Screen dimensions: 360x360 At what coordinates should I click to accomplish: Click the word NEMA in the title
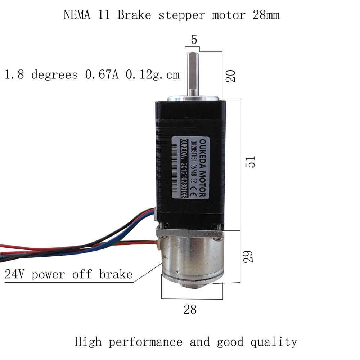(x=77, y=15)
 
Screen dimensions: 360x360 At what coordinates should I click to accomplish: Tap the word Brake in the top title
(x=134, y=15)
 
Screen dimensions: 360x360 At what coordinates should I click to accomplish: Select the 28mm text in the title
(x=266, y=15)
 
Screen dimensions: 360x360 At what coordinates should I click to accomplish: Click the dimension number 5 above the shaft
(x=194, y=39)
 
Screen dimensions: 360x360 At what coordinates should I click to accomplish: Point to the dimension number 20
(x=230, y=76)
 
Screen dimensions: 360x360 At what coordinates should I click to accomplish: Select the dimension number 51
(x=250, y=162)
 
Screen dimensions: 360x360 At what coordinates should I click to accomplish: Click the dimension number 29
(x=248, y=256)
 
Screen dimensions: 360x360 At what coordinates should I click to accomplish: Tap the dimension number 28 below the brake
(x=190, y=310)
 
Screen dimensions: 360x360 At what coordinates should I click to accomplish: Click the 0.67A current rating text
(x=102, y=75)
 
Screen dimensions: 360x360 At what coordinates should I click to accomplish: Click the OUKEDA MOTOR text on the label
(x=202, y=168)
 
